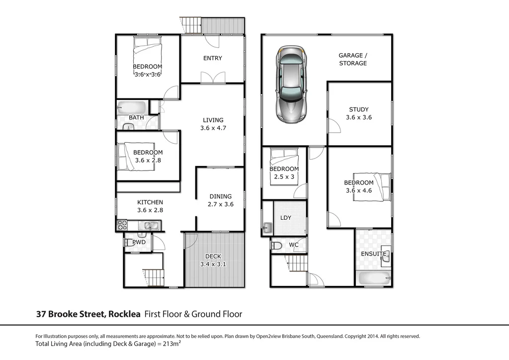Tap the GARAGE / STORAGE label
[353, 59]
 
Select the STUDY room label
[358, 113]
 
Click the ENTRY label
[213, 58]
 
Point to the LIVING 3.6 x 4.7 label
[213, 124]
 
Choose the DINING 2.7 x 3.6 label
[220, 200]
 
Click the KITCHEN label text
[150, 202]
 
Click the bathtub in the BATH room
[132, 108]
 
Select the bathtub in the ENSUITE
[373, 276]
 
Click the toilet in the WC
[277, 245]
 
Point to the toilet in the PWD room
[129, 243]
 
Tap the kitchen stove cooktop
[122, 226]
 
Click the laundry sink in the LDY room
[267, 228]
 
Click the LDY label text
[286, 218]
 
